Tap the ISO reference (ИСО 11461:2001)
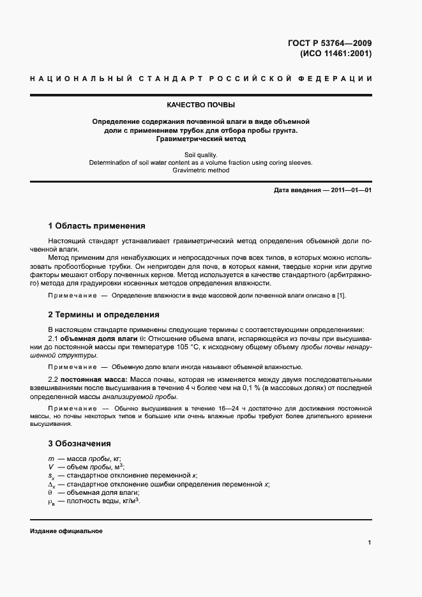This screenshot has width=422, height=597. pos(335,54)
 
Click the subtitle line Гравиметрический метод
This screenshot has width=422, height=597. pos(201,139)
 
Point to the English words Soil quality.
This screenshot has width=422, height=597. pos(201,154)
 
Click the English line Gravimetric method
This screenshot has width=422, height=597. pos(201,170)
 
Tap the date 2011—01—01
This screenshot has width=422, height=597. pos(350,190)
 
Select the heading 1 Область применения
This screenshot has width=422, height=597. pos(96,226)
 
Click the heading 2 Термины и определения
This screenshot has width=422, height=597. pos(103,315)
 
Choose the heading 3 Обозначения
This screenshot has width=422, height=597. pos(80,443)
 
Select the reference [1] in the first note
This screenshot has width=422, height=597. pos(342,295)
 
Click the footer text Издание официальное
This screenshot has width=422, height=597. pos(66,531)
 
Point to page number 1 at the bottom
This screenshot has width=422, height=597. pos(369,542)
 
